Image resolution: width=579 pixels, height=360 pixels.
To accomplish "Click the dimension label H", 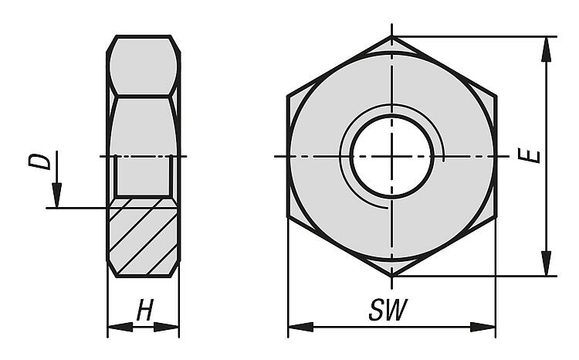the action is coord(144,310).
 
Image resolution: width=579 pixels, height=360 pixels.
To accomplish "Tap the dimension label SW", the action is coord(388,310).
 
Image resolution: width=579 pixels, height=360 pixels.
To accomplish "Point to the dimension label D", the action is coord(39,162).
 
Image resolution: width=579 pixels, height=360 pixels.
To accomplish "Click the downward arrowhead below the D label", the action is coord(56,195).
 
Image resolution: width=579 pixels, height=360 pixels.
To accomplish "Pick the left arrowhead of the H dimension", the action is coord(120,327).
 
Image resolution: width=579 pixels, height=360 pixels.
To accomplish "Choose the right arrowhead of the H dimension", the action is coord(167,327).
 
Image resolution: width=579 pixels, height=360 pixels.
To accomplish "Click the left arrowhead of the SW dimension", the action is coord(300,327).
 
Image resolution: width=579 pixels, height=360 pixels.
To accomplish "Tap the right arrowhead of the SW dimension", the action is coord(482,327).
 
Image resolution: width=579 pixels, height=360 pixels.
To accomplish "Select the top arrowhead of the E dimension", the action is coord(546,49).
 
